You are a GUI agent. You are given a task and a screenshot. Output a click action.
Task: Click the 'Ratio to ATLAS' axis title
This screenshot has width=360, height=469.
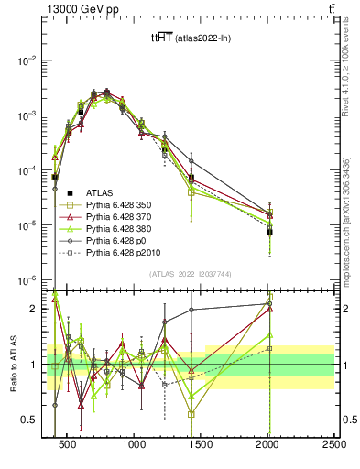[12, 365]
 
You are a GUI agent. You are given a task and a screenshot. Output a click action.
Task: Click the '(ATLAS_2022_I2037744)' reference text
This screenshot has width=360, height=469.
[191, 274]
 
